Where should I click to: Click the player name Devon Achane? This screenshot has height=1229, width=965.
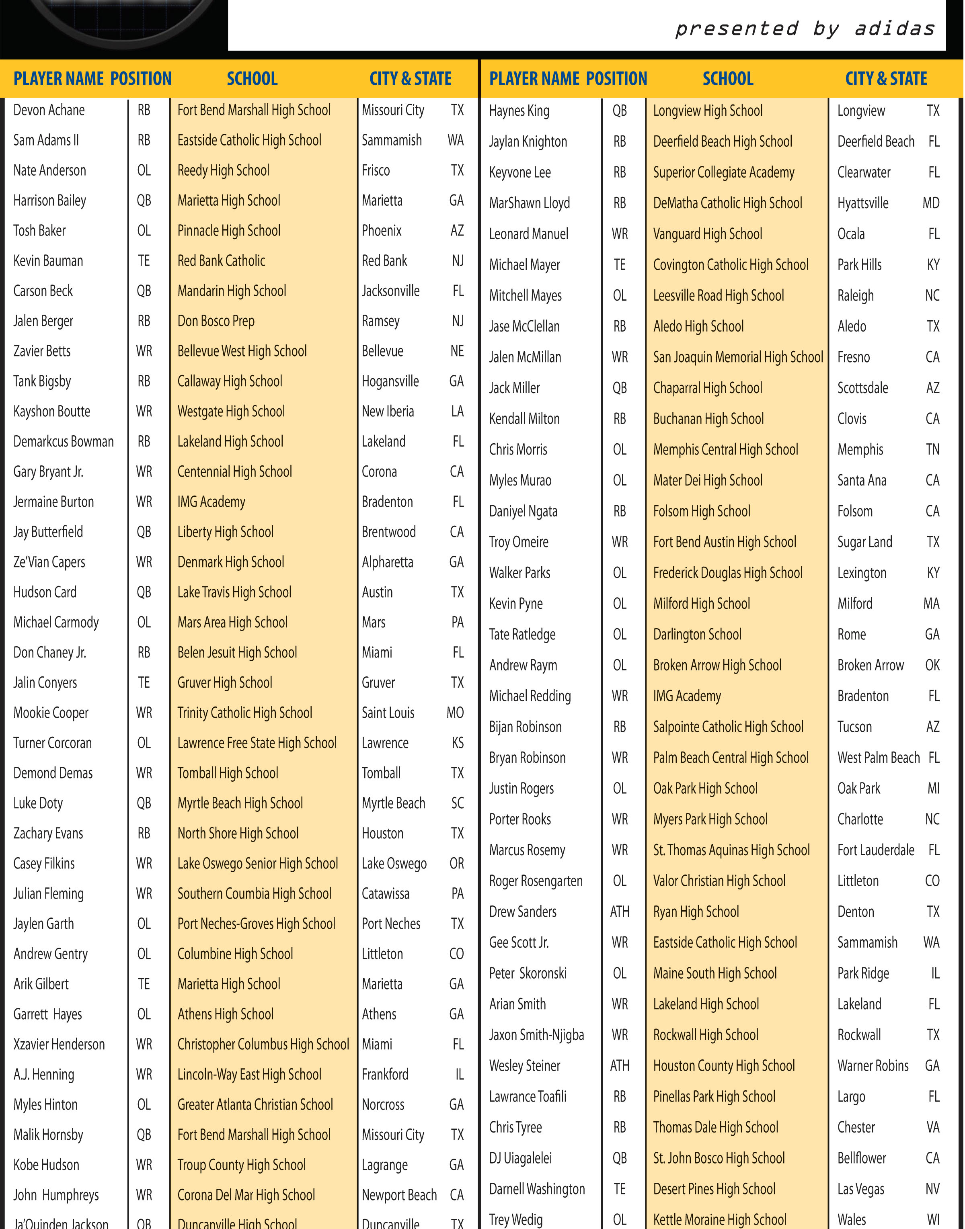49,110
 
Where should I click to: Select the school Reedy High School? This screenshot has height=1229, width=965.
223,170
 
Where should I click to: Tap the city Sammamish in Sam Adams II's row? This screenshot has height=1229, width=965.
392,141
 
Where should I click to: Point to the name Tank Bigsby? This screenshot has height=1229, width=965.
42,382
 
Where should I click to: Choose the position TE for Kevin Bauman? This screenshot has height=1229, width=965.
144,261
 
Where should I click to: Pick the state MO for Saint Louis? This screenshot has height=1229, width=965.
455,713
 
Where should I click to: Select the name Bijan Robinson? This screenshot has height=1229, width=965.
526,727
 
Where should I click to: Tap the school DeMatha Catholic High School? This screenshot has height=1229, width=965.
727,203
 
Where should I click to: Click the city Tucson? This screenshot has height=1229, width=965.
854,727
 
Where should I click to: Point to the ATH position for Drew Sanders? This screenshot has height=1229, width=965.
619,912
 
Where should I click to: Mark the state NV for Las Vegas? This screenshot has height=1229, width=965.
932,1189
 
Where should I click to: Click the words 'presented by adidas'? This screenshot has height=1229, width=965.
805,28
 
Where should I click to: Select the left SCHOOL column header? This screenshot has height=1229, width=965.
252,78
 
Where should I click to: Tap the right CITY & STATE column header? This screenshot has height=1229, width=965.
886,78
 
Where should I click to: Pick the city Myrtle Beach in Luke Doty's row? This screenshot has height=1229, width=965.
393,803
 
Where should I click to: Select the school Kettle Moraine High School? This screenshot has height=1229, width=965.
720,1219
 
